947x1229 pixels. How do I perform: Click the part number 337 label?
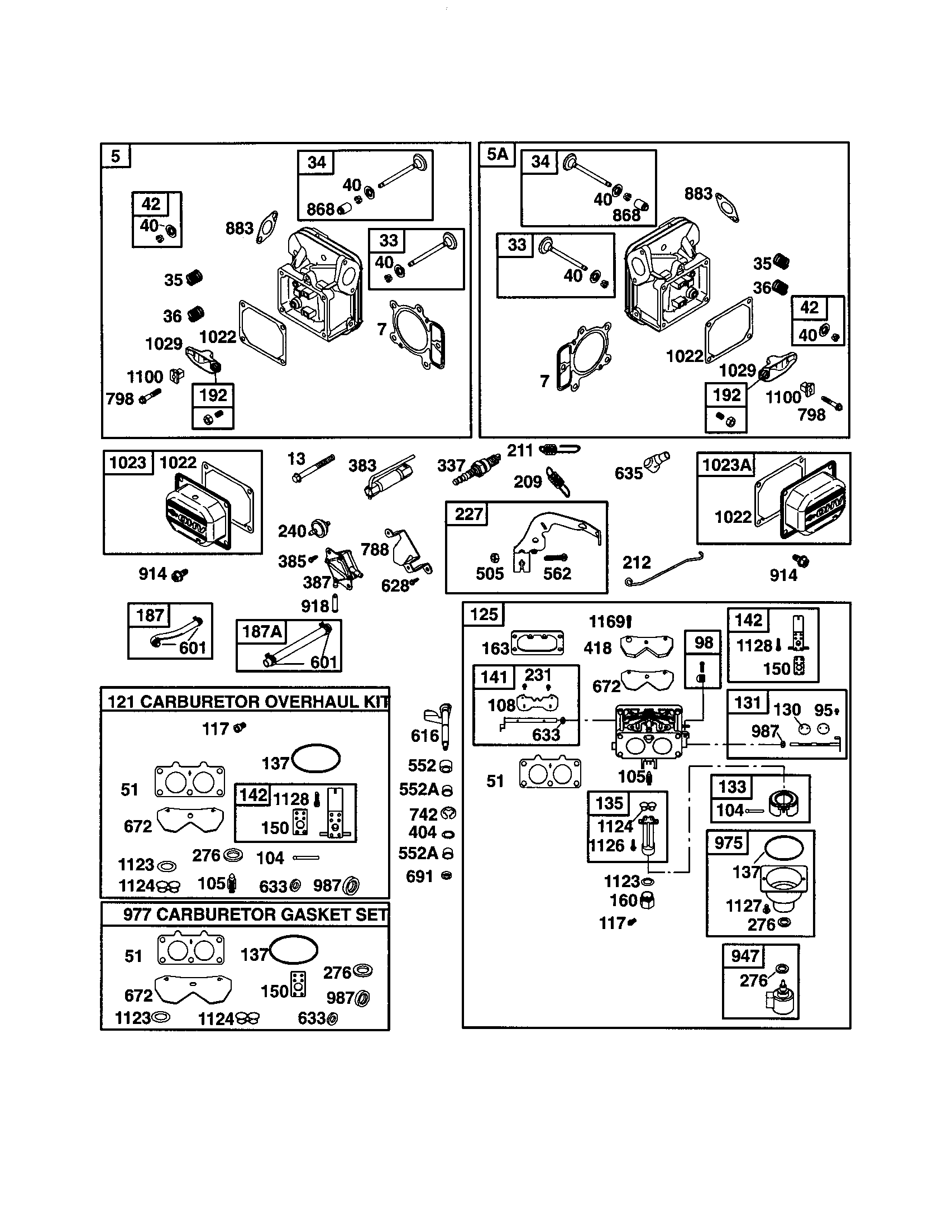coord(451,465)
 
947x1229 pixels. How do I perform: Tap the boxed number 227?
coord(468,514)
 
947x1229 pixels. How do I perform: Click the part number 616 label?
coord(424,736)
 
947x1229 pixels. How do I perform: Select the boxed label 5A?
coord(497,154)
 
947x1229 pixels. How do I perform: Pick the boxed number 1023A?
coord(726,465)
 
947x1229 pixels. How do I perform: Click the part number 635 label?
coord(628,473)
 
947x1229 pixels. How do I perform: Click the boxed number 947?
coord(744,955)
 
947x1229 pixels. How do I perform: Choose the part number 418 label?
coord(597,648)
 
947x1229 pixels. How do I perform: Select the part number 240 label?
coord(292,531)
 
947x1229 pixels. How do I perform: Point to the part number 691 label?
coord(419,876)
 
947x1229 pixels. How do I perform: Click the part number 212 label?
coord(637,562)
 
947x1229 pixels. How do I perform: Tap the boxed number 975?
coord(728,843)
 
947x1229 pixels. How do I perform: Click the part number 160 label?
coord(623,901)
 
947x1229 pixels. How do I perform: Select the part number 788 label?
coord(375,549)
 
